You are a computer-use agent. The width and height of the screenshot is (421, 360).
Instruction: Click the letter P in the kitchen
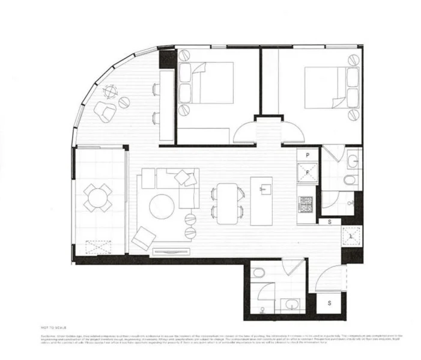point(307,155)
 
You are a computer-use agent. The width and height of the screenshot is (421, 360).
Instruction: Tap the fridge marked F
point(307,172)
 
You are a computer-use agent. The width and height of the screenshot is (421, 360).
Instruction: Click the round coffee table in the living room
point(162,206)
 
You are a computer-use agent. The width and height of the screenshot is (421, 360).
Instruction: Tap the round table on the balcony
point(97,197)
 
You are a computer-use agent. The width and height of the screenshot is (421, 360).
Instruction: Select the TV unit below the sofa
point(170,251)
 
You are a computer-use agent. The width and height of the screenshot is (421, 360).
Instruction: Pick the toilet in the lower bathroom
point(258,273)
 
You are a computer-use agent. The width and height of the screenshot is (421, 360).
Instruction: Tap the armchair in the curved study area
point(106,112)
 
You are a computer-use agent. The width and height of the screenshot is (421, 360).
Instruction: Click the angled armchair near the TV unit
point(143,239)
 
